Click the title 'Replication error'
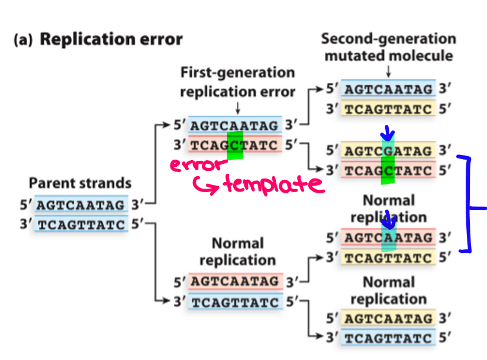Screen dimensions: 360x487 111,40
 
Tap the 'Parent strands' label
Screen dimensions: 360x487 80,183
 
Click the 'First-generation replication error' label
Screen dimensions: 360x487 237,82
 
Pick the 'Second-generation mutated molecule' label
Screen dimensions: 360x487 388,47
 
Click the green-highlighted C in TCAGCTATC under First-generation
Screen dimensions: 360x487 236,145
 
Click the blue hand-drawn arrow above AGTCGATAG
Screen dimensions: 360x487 388,133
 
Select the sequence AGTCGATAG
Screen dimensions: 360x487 388,151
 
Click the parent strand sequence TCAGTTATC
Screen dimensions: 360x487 80,225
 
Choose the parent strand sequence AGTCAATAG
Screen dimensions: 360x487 80,205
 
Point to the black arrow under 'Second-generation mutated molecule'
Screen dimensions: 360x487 388,71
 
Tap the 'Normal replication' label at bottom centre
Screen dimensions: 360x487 237,251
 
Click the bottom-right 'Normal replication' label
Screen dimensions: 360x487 388,290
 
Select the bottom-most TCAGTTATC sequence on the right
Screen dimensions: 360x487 388,339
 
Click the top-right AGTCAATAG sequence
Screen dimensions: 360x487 388,89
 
